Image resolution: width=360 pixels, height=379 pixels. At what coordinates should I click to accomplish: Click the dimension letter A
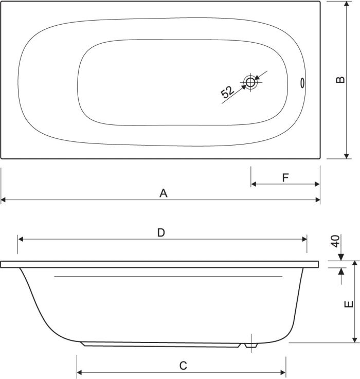[164, 193]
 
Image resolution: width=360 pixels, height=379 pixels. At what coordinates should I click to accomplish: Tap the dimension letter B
[340, 80]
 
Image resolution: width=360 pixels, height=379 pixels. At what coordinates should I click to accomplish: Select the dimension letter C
[183, 366]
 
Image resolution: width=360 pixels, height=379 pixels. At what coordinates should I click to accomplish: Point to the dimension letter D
[161, 233]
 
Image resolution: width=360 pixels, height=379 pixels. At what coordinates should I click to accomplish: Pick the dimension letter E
[349, 304]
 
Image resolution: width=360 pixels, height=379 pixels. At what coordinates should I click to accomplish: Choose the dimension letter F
[285, 178]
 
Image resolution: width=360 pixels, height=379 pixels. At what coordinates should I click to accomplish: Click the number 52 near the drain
[227, 92]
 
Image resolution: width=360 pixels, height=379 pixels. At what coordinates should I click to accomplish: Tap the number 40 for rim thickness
[336, 241]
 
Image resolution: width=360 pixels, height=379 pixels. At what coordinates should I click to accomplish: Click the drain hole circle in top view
[250, 82]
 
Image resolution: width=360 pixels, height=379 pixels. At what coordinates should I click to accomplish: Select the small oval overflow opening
[302, 83]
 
